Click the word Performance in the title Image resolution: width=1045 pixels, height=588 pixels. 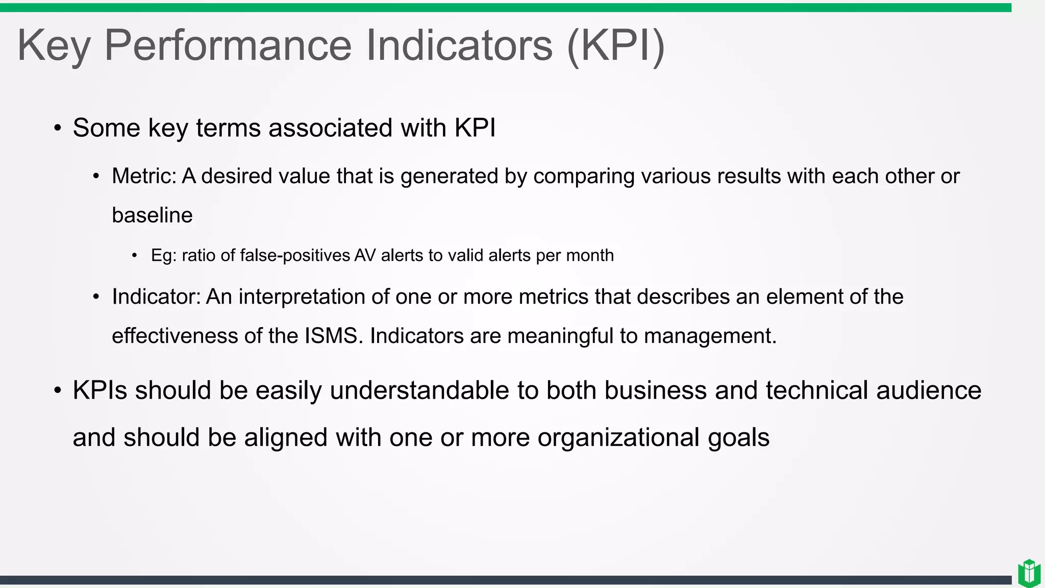click(x=228, y=46)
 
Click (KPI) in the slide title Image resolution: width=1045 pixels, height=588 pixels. click(x=615, y=46)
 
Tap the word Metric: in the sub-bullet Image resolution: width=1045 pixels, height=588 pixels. click(x=144, y=176)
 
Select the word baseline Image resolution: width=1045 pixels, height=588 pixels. click(x=152, y=215)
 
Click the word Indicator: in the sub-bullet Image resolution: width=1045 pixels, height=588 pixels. click(x=156, y=297)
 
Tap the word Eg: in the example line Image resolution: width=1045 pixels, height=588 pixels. click(x=163, y=255)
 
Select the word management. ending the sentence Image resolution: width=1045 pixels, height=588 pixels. click(x=710, y=336)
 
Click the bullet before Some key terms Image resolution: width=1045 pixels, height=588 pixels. click(x=58, y=129)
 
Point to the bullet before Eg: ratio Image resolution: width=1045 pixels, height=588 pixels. click(x=134, y=256)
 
